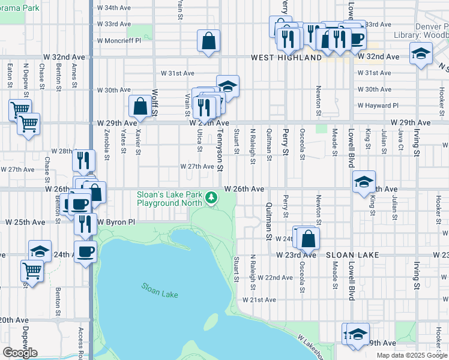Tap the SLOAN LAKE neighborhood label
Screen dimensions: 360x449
[352, 255]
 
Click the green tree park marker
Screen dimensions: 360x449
[211, 197]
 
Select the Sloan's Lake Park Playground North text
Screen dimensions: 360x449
[170, 199]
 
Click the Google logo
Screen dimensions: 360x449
[20, 352]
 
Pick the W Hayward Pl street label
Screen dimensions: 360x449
[378, 106]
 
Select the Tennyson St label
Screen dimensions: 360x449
[220, 149]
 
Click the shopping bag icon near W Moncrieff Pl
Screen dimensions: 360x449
[208, 42]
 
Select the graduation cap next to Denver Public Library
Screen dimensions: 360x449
[421, 53]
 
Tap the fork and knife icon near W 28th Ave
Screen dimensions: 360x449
[83, 160]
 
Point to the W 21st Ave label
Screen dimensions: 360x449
[259, 299]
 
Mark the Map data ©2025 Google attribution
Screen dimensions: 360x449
[412, 355]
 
